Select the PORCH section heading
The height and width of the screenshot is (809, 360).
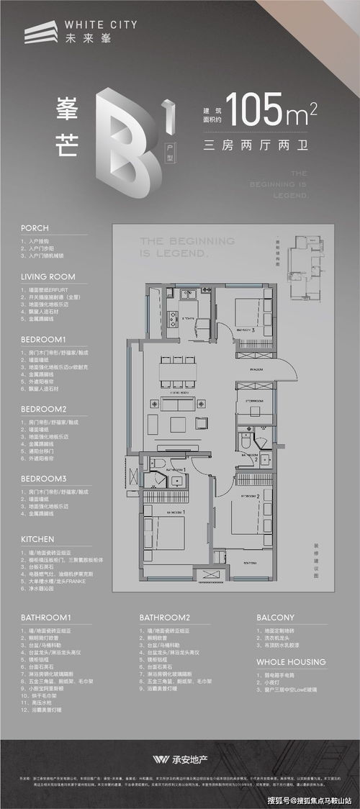[35, 227]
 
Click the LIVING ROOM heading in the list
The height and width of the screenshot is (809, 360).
[48, 276]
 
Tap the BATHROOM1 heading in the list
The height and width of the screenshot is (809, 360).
[45, 618]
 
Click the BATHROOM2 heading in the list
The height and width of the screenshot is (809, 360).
[165, 618]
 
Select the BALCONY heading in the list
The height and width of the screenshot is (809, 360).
[276, 618]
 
